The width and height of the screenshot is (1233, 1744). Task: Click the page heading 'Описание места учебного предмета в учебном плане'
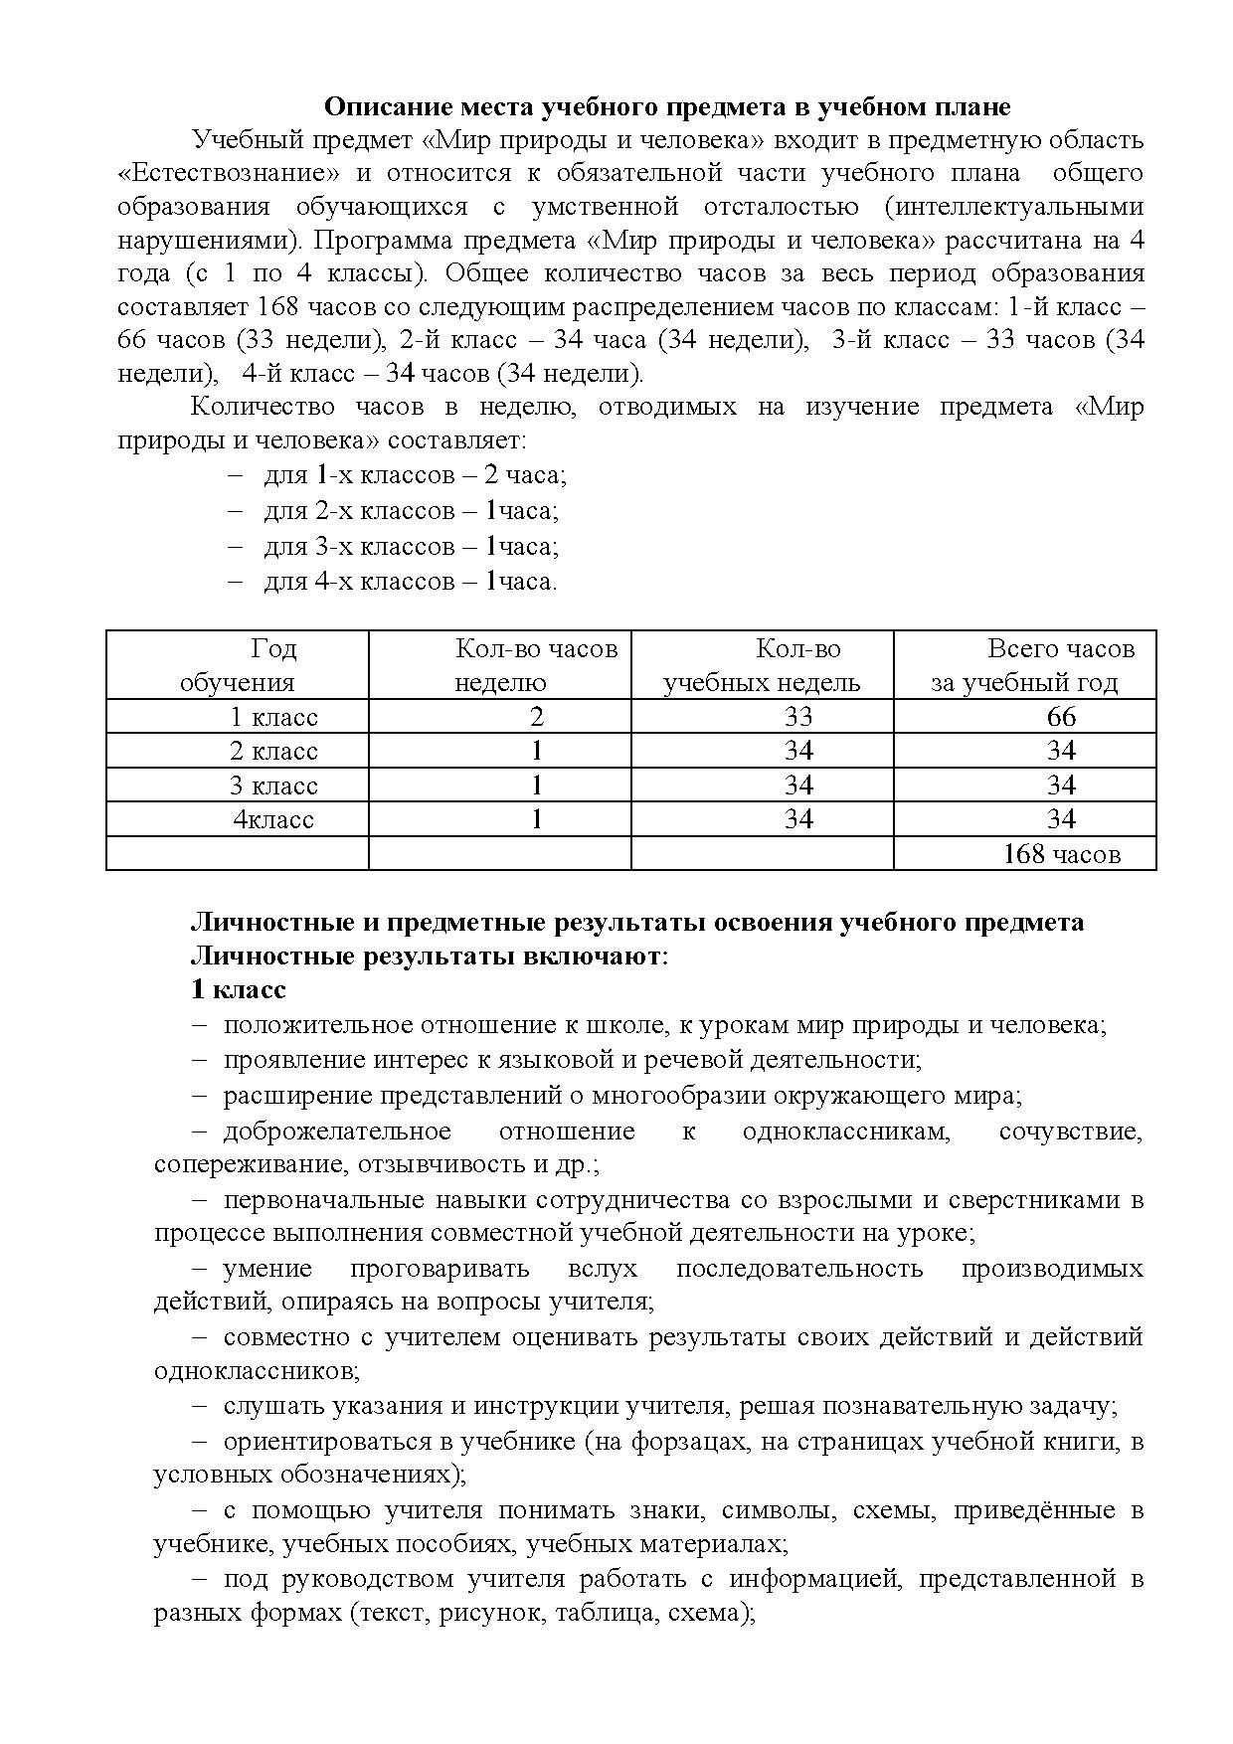point(667,107)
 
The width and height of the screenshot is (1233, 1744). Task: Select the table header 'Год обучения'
point(238,665)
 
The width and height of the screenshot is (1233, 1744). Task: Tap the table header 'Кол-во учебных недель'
point(762,665)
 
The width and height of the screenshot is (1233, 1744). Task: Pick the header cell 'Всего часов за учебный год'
point(1025,665)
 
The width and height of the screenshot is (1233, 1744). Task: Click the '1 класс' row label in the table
point(273,717)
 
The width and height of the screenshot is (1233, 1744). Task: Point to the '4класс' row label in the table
point(273,819)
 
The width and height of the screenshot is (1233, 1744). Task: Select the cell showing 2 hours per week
point(537,717)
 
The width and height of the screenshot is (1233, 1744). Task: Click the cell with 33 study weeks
point(798,717)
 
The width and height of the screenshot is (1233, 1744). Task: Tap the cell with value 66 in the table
point(1061,717)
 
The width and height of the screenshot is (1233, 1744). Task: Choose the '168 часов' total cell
point(1061,854)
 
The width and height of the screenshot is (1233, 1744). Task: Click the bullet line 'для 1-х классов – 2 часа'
point(415,475)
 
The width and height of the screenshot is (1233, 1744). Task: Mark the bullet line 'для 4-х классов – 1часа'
point(410,582)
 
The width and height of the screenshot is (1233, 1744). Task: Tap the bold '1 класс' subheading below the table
point(239,990)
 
